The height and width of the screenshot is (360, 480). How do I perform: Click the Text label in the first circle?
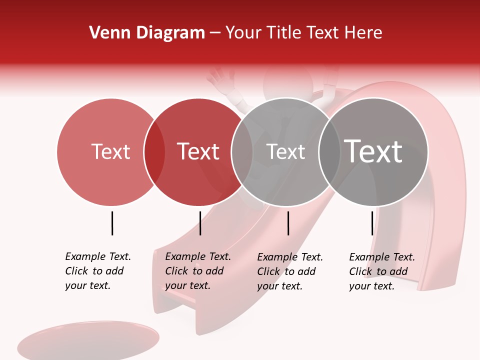tap(110, 151)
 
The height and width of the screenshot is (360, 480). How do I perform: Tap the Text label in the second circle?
tap(198, 151)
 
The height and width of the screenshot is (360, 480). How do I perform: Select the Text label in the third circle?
tap(285, 151)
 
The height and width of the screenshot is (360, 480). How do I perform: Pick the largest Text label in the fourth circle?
tap(373, 151)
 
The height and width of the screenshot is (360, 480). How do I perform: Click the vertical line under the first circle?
tap(112, 223)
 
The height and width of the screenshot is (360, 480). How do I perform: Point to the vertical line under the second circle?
tap(200, 223)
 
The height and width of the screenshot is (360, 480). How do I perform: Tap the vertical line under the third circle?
tap(288, 223)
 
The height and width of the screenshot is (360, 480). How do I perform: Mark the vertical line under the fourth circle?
tap(372, 223)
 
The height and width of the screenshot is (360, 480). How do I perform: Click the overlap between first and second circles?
tap(154, 151)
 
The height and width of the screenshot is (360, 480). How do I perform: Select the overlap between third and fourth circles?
tap(329, 151)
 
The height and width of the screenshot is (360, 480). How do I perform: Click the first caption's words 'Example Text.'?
tap(98, 256)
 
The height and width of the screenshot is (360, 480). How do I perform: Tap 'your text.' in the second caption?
tap(187, 285)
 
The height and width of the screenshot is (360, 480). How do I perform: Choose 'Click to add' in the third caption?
tap(286, 271)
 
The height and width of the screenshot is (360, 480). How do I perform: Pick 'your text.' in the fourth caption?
tap(371, 286)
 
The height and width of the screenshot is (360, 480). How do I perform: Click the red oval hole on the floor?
tap(88, 340)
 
